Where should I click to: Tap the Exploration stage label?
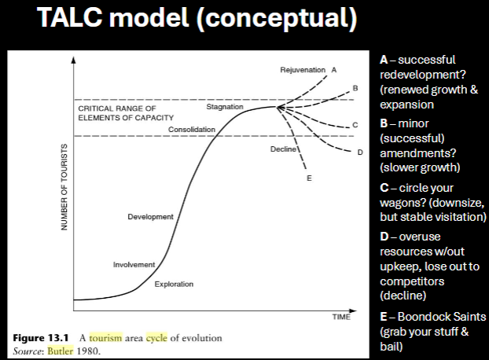[174, 283]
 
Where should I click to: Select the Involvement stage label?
[134, 265]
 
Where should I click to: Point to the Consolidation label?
[191, 129]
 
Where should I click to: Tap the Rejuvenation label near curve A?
[303, 70]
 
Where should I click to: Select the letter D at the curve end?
[360, 152]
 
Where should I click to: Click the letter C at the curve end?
[355, 125]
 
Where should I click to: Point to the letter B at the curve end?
[355, 86]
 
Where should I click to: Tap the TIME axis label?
[340, 317]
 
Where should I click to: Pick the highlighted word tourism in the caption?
[105, 338]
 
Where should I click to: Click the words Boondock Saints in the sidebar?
[442, 317]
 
